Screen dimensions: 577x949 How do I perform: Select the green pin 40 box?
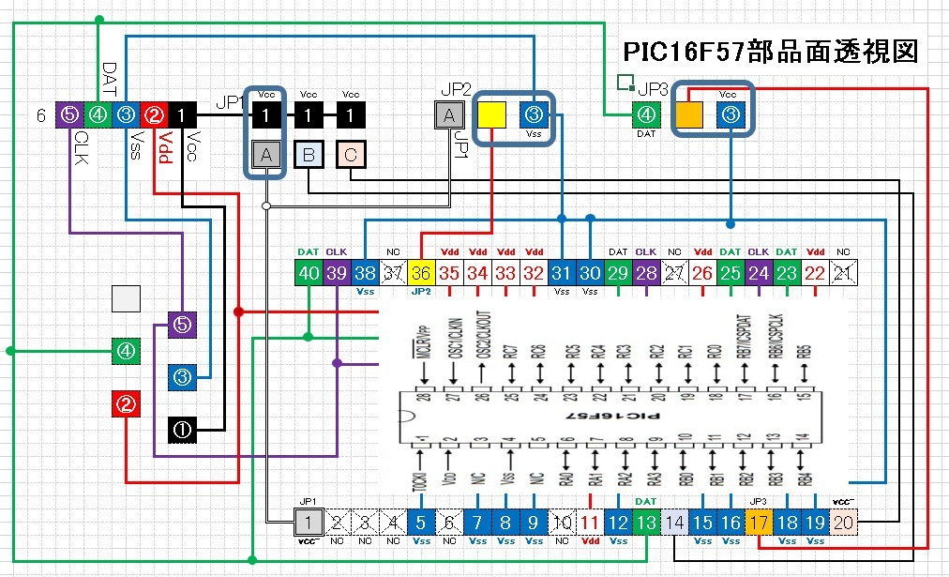[308, 273]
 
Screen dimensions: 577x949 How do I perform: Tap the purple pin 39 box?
[336, 273]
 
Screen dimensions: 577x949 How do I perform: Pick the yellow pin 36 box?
[420, 273]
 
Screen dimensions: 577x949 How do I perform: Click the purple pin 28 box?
[646, 273]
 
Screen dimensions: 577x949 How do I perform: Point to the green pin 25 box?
[731, 273]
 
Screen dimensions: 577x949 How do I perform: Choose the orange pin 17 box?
[759, 523]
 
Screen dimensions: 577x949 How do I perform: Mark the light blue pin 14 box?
[674, 523]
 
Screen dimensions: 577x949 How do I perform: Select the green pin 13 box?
[645, 523]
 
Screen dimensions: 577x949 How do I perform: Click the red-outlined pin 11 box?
[589, 523]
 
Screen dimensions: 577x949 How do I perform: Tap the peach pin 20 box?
[844, 523]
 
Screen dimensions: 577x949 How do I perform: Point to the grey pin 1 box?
[307, 523]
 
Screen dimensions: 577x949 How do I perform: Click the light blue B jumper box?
[309, 155]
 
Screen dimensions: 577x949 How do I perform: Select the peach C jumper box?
[350, 155]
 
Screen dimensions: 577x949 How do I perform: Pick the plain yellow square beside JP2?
[491, 115]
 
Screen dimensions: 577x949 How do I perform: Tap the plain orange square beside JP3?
[689, 115]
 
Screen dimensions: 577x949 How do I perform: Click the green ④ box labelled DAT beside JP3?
[646, 115]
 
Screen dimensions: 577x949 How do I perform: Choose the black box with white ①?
[182, 430]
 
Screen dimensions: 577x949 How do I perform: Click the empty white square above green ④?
[126, 299]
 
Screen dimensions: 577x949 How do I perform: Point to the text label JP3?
[653, 89]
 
